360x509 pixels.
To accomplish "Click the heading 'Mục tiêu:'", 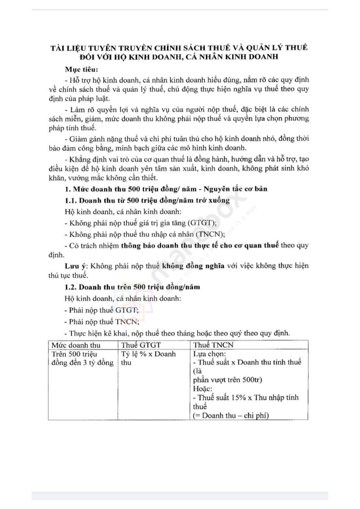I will point(82,70).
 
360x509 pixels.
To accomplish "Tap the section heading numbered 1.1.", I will point(147,200).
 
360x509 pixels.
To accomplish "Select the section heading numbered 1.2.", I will point(132,287).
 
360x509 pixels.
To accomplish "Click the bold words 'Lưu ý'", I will point(74,266).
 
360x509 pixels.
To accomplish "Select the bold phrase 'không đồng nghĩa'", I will point(193,266).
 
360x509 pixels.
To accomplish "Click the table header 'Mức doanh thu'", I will point(76,345).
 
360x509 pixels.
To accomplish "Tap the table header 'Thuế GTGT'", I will point(141,345).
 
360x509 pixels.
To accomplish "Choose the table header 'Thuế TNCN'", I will point(214,345).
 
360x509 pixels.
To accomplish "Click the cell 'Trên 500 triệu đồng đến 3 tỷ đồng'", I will point(82,358).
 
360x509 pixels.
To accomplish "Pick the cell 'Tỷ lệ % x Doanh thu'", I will point(148,358).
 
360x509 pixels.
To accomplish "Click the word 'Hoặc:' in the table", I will point(203,389).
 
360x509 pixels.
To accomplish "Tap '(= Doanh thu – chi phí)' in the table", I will point(231,415).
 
